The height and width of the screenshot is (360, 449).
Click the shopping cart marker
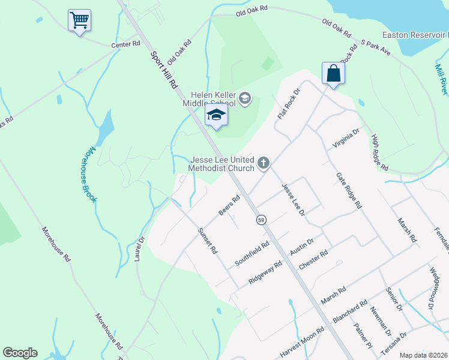[80, 21]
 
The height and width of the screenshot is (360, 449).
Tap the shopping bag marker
[333, 74]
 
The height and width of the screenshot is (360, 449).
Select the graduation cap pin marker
[217, 115]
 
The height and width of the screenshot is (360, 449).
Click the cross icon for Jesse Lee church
[263, 163]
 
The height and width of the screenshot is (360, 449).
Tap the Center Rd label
[125, 44]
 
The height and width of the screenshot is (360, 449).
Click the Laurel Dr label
[142, 248]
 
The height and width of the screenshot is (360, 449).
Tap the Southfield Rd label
[252, 253]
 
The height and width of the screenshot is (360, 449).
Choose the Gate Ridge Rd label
[349, 190]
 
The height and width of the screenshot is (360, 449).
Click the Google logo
[20, 353]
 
